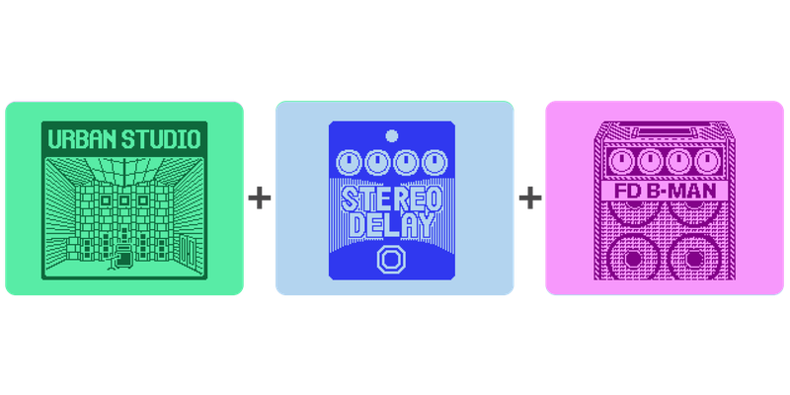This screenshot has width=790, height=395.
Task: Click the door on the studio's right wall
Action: pyautogui.click(x=187, y=251)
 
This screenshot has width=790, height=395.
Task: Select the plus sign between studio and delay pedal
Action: pyautogui.click(x=260, y=197)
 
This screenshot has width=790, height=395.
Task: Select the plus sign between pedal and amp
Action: pyautogui.click(x=530, y=197)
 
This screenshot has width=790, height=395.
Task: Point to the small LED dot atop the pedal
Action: pyautogui.click(x=392, y=135)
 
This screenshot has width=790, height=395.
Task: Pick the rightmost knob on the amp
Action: pyautogui.click(x=704, y=161)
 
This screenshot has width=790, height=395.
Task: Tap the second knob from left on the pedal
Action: pyautogui.click(x=378, y=161)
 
